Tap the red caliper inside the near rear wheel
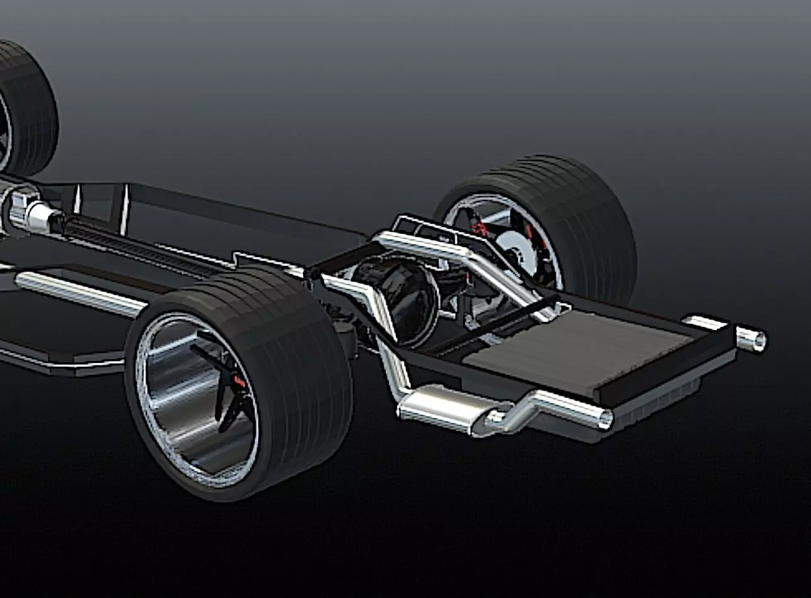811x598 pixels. click(239, 381)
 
